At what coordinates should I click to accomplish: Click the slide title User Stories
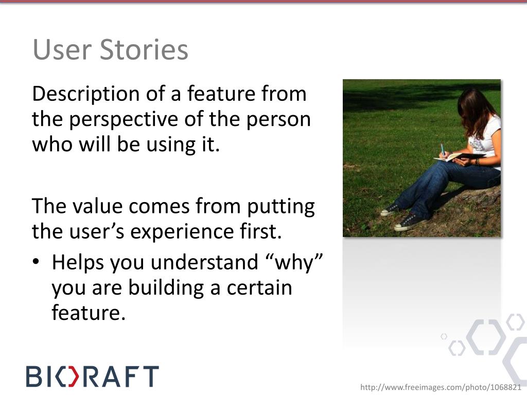click(x=110, y=49)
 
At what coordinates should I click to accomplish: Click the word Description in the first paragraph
click(x=86, y=94)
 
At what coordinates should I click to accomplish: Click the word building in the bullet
click(x=166, y=289)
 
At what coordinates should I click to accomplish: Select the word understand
click(x=204, y=262)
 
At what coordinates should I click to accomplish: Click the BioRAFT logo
click(x=93, y=376)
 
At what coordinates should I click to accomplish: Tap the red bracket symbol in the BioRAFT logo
click(x=71, y=376)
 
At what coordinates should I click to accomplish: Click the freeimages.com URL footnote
click(x=441, y=387)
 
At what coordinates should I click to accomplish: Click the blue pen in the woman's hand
click(x=443, y=150)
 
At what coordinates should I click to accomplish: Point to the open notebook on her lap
click(x=459, y=157)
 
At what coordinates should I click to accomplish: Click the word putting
click(x=280, y=207)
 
